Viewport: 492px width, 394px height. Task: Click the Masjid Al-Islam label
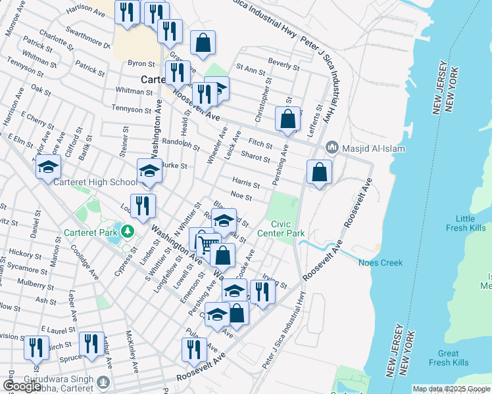pos(366,148)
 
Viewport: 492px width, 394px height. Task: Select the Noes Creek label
pos(380,263)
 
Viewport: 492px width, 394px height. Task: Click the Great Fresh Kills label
pos(449,358)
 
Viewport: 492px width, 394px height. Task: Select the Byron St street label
pos(141,64)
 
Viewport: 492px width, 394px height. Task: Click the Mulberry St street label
pos(47,284)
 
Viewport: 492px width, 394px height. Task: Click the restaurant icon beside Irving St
pos(262,291)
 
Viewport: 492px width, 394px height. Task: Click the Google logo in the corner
pos(22,386)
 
